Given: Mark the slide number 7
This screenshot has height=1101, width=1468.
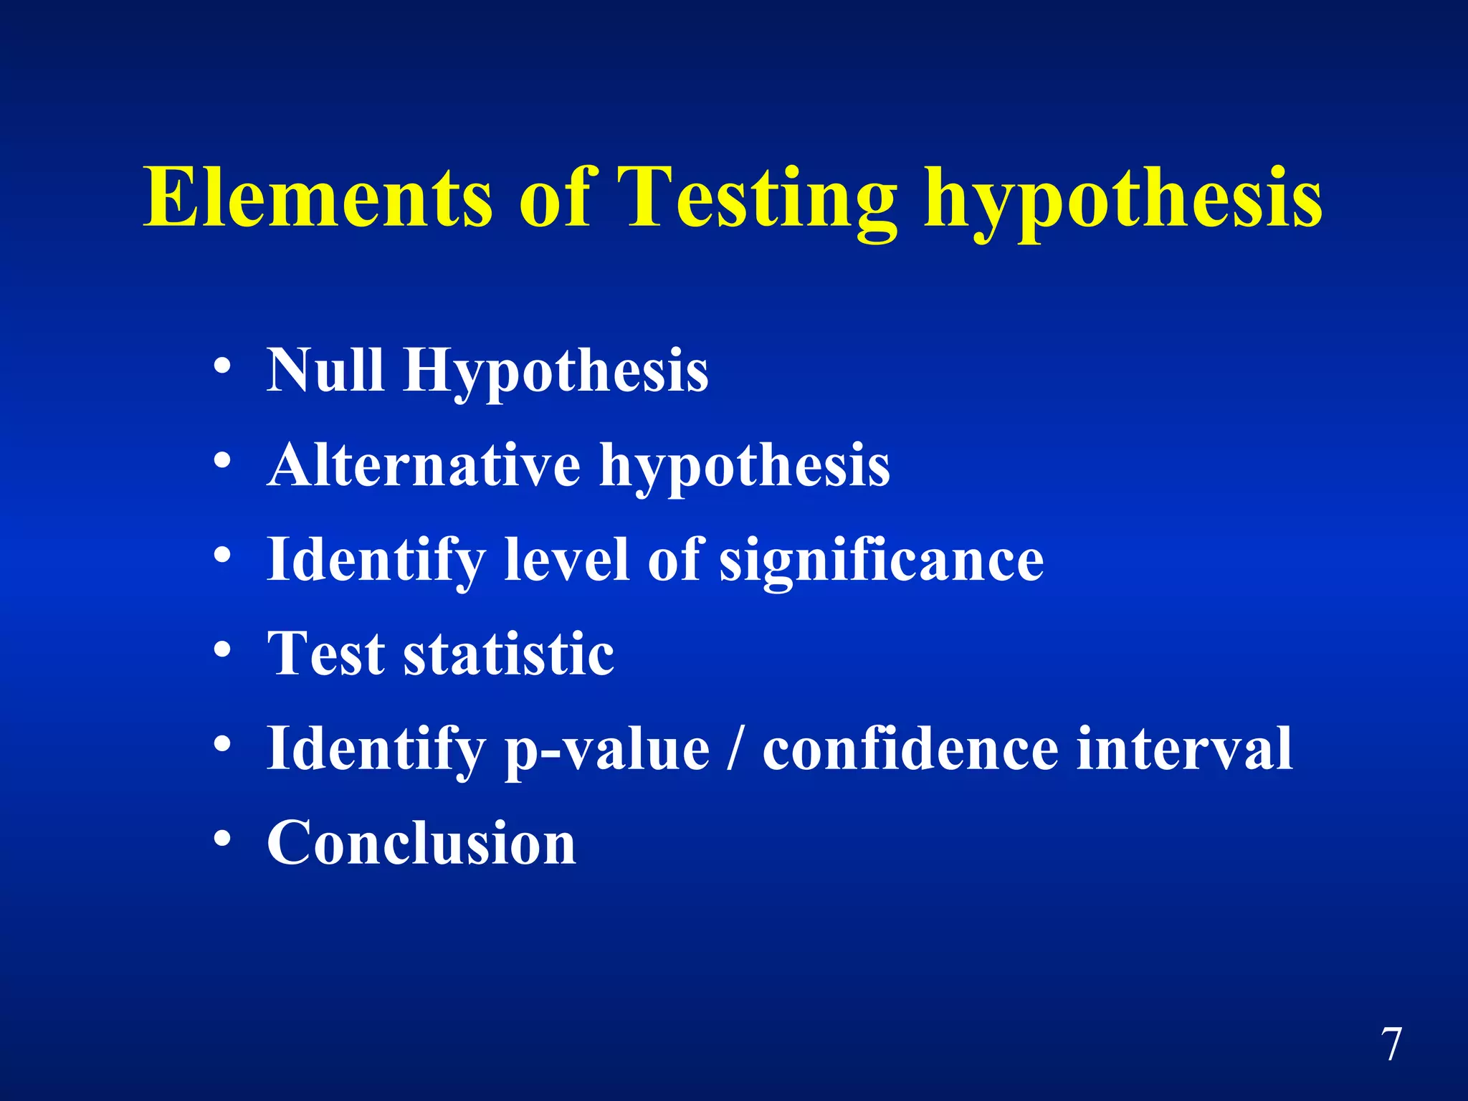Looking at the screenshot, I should point(1391,1044).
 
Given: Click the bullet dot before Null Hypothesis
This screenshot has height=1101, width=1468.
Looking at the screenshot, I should point(222,366).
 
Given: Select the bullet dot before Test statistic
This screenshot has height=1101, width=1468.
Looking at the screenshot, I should point(222,649).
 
